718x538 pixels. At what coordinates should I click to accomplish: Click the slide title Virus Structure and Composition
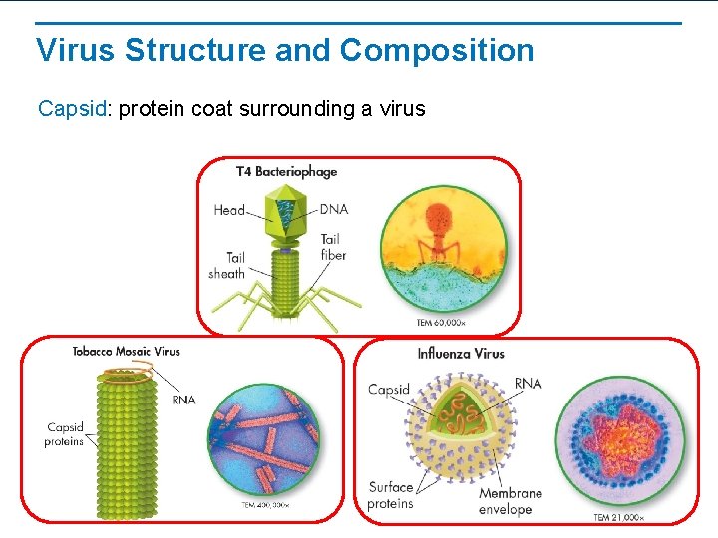tap(284, 50)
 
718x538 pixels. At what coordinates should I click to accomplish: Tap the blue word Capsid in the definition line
tap(72, 108)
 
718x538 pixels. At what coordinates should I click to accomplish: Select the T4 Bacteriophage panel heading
tap(286, 171)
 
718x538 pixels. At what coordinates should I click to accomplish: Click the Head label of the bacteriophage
tap(229, 210)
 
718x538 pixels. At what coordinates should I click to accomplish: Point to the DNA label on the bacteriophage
tap(334, 209)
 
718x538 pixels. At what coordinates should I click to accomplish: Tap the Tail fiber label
tap(333, 247)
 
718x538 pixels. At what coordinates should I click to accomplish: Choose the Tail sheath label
tap(227, 265)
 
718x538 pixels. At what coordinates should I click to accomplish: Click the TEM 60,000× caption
tap(440, 322)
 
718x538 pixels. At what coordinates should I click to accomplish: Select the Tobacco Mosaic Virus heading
tap(126, 351)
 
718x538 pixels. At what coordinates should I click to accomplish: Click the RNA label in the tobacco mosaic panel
tap(183, 400)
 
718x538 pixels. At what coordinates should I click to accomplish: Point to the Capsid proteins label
tap(65, 434)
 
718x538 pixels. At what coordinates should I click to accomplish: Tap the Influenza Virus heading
tap(460, 353)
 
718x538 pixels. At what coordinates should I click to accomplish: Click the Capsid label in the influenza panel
tap(389, 390)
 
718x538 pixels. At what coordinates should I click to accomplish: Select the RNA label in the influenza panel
tap(528, 384)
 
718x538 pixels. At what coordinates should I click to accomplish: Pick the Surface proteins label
tap(390, 495)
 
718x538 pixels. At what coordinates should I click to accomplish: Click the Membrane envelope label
tap(510, 501)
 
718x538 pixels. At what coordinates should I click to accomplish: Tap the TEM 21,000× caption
tap(619, 517)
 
